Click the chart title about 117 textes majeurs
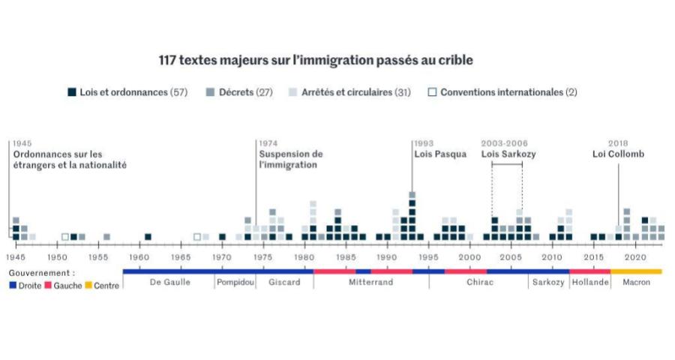coord(315,60)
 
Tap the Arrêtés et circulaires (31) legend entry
coord(349,92)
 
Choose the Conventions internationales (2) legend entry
coord(502,92)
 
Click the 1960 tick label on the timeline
coord(139,256)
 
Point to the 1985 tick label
coord(346,256)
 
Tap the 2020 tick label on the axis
coord(636,256)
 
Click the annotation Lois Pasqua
coord(440,154)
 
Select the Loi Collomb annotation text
coord(618,154)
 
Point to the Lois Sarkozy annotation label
coord(508,154)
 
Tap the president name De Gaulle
coord(169,283)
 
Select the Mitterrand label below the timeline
coord(371,283)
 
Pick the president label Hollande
coord(590,283)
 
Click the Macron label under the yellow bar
coord(637,283)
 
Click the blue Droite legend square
coord(13,286)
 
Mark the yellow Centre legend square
coord(88,286)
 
